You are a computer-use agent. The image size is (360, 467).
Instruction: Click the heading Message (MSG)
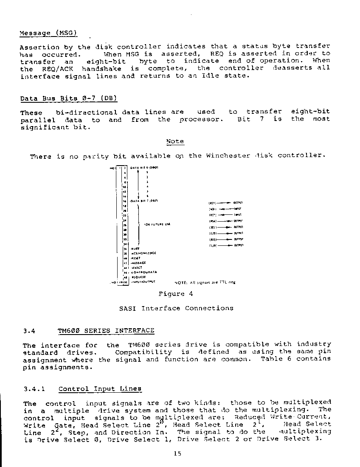[x=48, y=33]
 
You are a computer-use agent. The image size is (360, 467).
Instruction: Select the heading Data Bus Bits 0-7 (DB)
[x=69, y=98]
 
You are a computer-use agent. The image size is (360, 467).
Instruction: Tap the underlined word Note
[x=174, y=141]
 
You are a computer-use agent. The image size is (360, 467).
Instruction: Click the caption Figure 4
[x=175, y=294]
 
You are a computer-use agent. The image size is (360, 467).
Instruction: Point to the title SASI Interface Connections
[x=176, y=308]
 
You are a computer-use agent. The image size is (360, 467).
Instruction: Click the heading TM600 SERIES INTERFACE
[x=106, y=330]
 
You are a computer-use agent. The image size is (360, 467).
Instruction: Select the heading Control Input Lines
[x=100, y=389]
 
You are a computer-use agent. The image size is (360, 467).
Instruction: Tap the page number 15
[x=177, y=454]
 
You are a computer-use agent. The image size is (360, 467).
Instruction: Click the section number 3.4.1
[x=34, y=389]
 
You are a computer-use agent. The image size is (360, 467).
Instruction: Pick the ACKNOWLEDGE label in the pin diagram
[x=143, y=253]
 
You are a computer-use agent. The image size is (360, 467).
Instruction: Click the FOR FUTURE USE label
[x=157, y=224]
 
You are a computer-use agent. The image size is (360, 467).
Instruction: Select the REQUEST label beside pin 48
[x=138, y=276]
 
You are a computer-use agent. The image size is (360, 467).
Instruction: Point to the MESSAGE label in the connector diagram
[x=139, y=263]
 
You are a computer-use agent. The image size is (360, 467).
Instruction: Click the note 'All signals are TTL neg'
[x=205, y=282]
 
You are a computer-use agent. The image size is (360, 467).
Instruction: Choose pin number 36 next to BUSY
[x=125, y=249]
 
